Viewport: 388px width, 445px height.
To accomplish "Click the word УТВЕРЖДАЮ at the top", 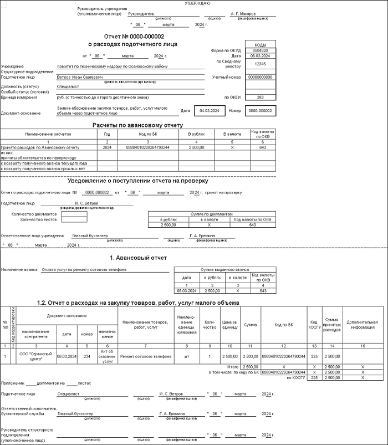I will tap(197, 3).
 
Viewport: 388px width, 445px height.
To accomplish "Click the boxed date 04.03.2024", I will tap(210, 111).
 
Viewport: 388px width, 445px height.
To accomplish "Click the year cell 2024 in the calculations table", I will tap(107, 147).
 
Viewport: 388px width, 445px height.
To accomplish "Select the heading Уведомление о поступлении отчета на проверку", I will tap(137, 181).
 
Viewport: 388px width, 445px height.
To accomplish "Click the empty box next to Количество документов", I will tap(70, 214).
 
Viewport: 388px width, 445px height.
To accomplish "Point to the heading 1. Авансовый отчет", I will tap(138, 258).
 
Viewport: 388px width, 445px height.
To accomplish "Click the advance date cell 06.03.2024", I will tap(186, 290).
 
